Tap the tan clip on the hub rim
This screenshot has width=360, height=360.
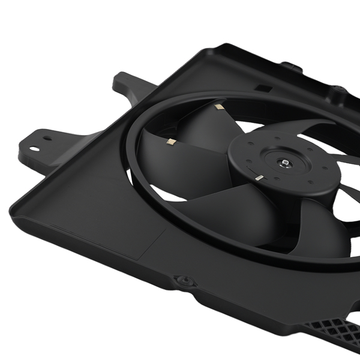pos(258,178)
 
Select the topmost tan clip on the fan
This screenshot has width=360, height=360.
pos(218,108)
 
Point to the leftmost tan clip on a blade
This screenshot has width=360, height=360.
pos(170,142)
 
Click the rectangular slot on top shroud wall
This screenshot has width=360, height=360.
pos(262,88)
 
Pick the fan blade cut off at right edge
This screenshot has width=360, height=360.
pos(351,192)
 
